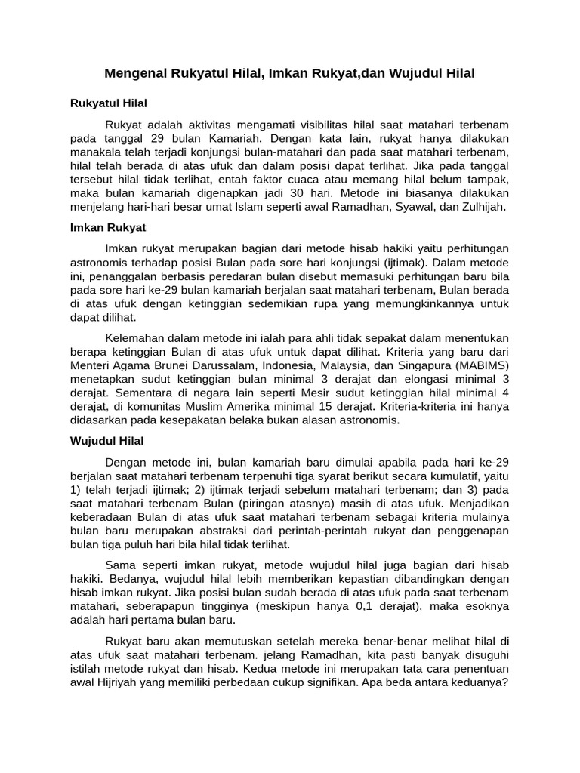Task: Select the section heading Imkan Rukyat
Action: [x=108, y=226]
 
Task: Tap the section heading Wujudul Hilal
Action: [x=106, y=440]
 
